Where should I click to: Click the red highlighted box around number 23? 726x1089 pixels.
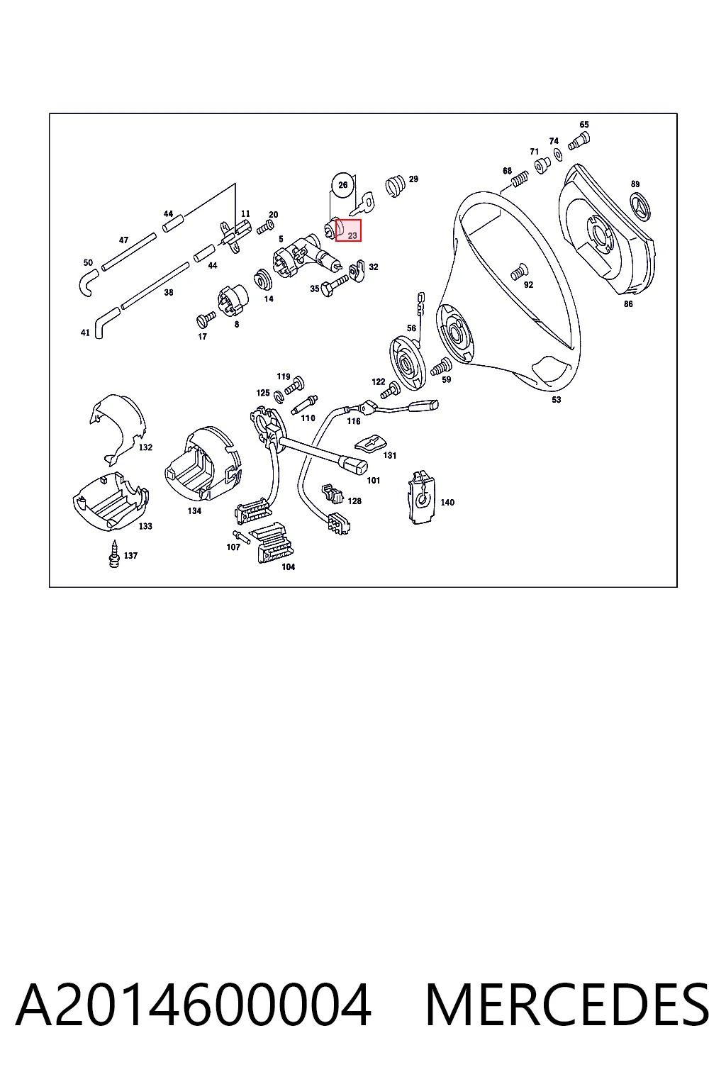coord(348,230)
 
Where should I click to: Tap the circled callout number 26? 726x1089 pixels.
coord(343,185)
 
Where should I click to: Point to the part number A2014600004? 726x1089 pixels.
coord(194,1005)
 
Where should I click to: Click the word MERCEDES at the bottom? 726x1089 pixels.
coord(567,1005)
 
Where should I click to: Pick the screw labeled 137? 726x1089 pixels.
coord(114,554)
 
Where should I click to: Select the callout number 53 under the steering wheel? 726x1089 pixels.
coord(557,400)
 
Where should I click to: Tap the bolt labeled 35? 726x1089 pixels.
coord(335,286)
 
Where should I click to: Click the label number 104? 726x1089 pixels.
coord(289,567)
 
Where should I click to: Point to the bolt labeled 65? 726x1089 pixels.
coord(581,140)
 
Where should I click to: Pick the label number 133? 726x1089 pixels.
coord(145,526)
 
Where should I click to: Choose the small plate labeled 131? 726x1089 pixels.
coord(370,443)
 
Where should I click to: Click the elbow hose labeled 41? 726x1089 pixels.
coord(107,322)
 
